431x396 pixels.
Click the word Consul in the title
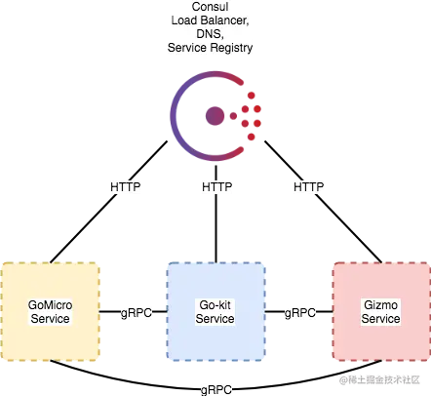(210, 7)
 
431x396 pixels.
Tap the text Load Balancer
(210, 20)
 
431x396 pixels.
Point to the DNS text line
(210, 34)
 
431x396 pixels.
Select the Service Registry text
(210, 48)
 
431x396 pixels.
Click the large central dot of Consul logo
(215, 116)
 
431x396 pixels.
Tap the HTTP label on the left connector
(126, 187)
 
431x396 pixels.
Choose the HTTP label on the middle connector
(216, 187)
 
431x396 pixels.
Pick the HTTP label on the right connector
(309, 187)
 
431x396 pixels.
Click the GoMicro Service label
(50, 312)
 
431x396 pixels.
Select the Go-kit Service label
(215, 312)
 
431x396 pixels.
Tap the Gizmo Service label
(380, 312)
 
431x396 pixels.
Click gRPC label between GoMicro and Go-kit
(137, 313)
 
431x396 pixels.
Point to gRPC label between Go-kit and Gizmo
(300, 313)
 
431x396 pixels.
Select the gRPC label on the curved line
(216, 389)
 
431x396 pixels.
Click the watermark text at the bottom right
(379, 379)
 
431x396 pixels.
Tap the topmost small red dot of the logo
(251, 96)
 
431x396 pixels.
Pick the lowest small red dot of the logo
(251, 137)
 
